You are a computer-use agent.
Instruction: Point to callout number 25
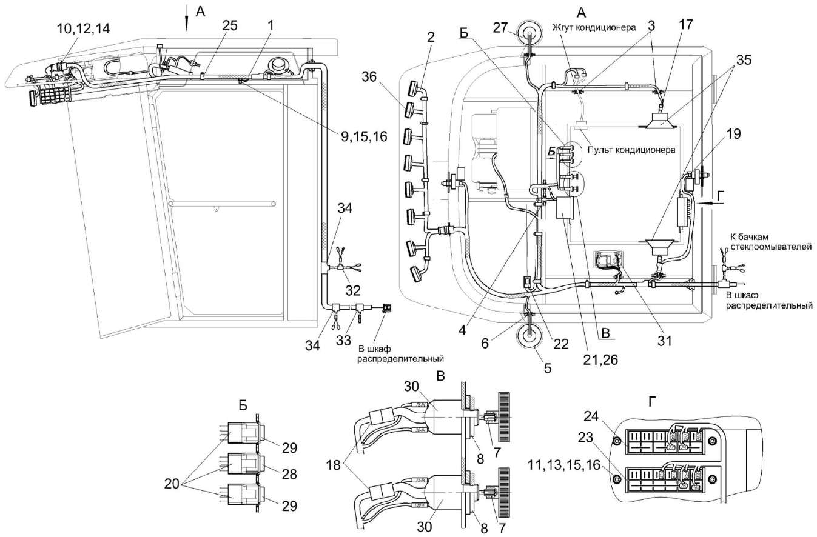229,25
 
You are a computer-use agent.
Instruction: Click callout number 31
665,341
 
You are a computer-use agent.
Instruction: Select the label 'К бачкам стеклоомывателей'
760,239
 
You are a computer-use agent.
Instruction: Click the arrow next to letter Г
705,205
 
